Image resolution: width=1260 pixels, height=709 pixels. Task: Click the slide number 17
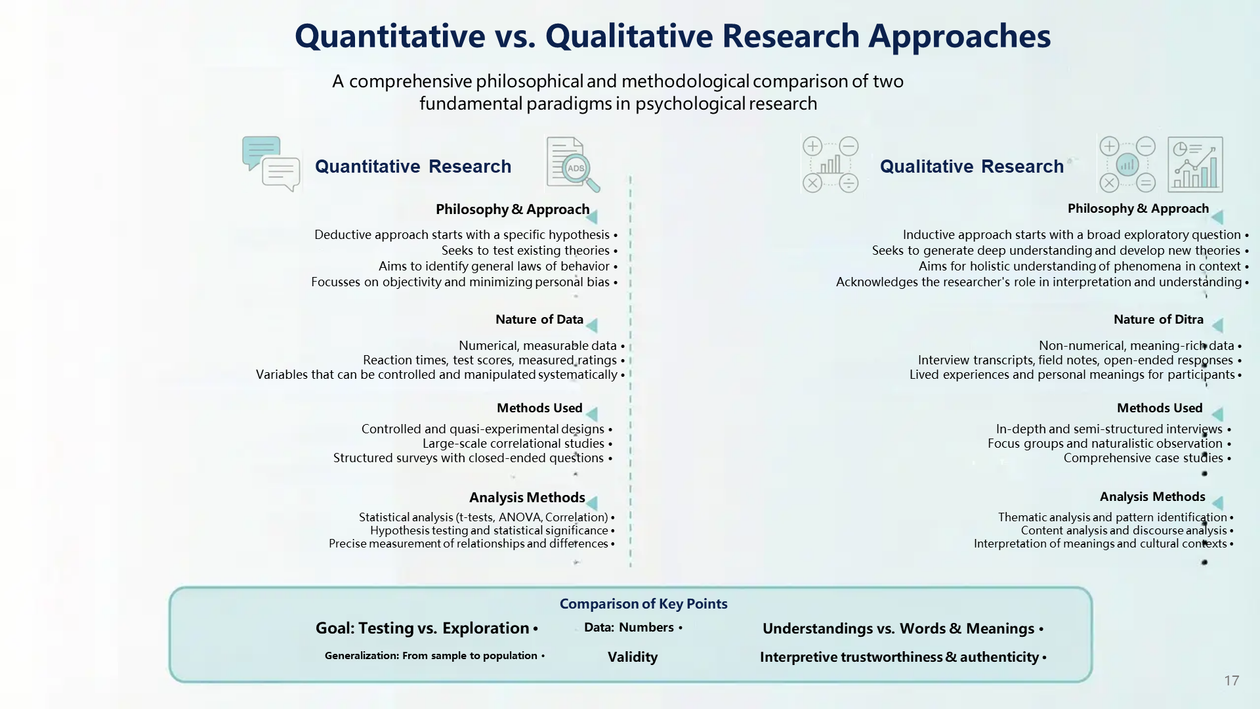[x=1232, y=681]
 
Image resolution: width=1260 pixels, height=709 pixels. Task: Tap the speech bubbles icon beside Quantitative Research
[x=271, y=164]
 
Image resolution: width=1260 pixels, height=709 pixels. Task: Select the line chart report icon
[x=1195, y=164]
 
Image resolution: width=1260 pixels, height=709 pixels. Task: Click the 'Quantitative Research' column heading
[x=413, y=167]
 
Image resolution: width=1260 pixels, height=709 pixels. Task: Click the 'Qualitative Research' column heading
[x=972, y=167]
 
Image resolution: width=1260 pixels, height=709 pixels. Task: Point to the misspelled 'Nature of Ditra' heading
[x=1158, y=320]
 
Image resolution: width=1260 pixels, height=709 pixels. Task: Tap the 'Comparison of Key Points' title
[x=643, y=604]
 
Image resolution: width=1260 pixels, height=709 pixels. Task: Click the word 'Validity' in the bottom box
[x=633, y=657]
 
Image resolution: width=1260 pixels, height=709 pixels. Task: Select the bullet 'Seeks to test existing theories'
[x=526, y=250]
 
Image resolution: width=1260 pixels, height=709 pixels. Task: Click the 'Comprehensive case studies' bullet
[x=1143, y=458]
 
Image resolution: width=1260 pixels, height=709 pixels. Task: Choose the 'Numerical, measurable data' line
[x=537, y=345]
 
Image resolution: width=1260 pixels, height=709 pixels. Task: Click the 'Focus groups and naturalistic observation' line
[x=1105, y=443]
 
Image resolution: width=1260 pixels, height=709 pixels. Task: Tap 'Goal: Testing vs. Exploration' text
[x=423, y=628]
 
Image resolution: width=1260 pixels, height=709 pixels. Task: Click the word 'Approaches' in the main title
[x=959, y=37]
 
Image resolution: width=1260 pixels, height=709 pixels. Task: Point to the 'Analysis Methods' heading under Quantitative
[x=527, y=498]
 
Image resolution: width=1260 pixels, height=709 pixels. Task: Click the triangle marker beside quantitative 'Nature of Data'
[x=592, y=326]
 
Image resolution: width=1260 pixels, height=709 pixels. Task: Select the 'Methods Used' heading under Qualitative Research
[x=1160, y=408]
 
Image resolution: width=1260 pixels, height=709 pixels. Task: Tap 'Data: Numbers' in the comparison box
[x=629, y=628]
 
